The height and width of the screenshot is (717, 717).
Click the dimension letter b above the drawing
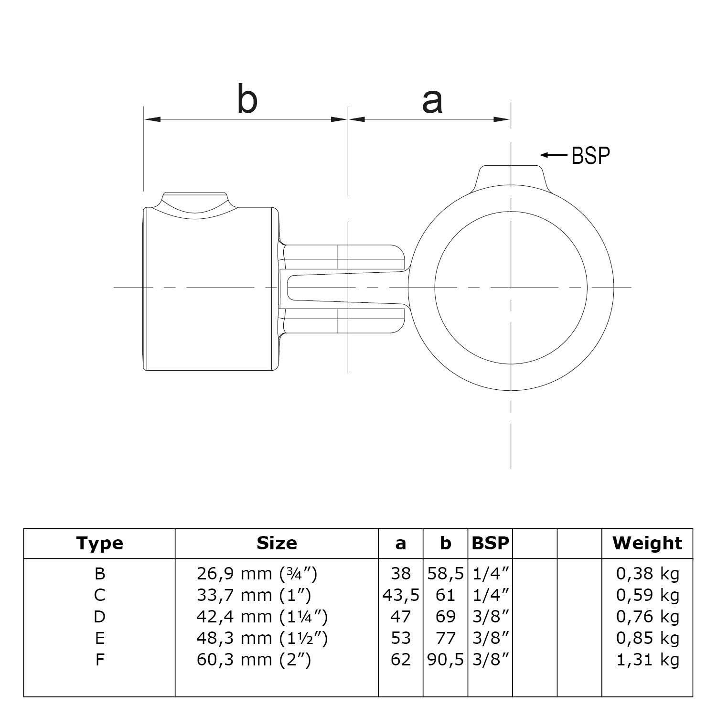pos(247,99)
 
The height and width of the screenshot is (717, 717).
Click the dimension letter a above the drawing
pos(432,102)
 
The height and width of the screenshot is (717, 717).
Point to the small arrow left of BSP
pos(553,155)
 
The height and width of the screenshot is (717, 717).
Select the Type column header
pos(100,543)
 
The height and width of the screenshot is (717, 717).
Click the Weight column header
pos(647,543)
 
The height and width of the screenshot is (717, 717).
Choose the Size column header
pos(277,543)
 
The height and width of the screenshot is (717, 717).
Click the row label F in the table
pos(100,660)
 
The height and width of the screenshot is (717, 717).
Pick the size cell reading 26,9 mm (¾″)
pos(257,573)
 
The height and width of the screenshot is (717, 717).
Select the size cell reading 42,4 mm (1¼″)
pos(262,617)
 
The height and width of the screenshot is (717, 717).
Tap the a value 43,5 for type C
pos(401,595)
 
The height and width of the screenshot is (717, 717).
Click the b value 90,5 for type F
pos(445,660)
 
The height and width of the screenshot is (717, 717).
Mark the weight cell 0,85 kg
pos(647,638)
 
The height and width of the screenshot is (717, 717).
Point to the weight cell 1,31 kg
pos(647,660)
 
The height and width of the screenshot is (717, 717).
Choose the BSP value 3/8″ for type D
pos(490,617)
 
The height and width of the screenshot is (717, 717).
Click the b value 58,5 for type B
pos(445,573)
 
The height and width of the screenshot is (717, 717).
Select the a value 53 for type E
pos(401,638)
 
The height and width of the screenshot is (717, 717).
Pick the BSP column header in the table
pos(490,543)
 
